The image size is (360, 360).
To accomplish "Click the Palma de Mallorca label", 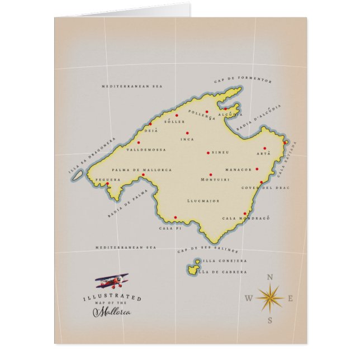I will pyautogui.click(x=141, y=170).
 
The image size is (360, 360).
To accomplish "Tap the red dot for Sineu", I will pyautogui.click(x=208, y=152).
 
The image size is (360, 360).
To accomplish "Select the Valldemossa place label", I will pyautogui.click(x=131, y=150).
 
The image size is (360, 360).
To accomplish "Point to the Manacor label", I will pyautogui.click(x=239, y=169).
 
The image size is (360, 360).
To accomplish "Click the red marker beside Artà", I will pyautogui.click(x=264, y=149).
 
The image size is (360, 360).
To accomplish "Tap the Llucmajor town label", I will pyautogui.click(x=203, y=200).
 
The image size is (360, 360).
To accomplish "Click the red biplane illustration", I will pyautogui.click(x=112, y=281).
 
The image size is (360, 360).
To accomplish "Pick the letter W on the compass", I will pyautogui.click(x=248, y=299).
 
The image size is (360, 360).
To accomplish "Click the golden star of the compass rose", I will pyautogui.click(x=269, y=297).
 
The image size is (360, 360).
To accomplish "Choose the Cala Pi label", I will pyautogui.click(x=170, y=228).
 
